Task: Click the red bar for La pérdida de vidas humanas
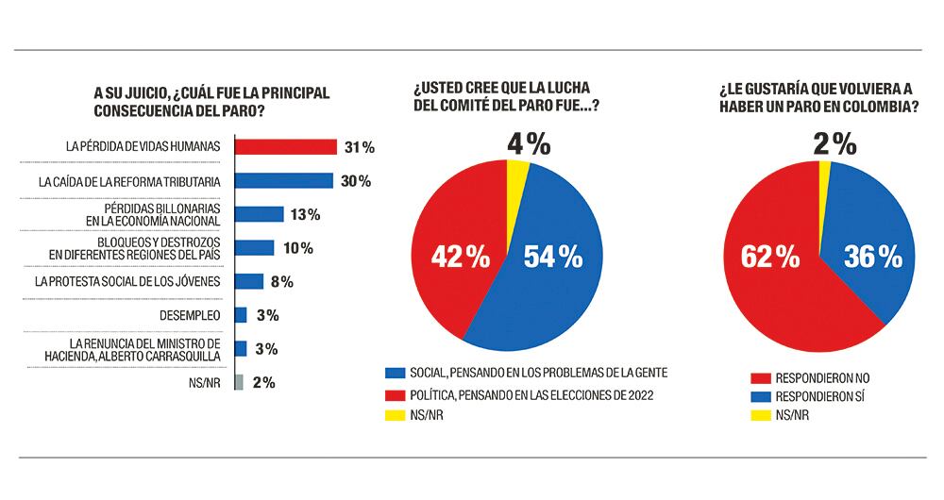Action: point(285,146)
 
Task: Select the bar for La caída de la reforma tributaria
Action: point(283,180)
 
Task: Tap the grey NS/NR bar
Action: point(239,382)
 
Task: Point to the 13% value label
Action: point(306,214)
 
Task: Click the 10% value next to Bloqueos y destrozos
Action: point(296,248)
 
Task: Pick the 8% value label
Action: point(281,281)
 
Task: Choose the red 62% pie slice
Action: point(774,274)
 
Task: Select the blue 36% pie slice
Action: point(868,245)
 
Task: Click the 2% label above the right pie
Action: point(834,144)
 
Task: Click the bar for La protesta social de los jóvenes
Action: point(248,281)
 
